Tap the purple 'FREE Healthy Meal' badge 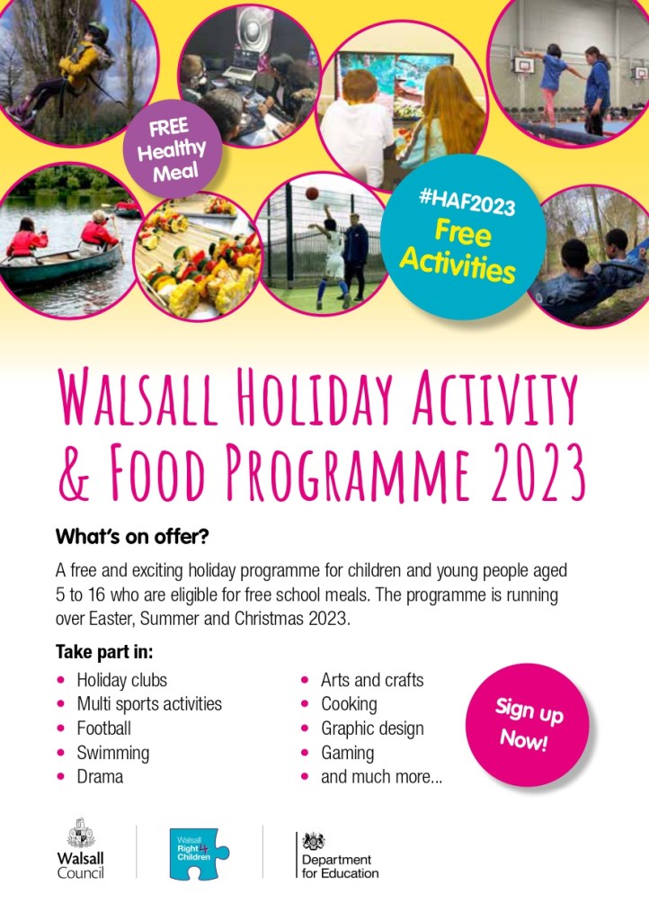coord(172,149)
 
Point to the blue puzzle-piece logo coord(199,854)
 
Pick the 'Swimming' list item coord(112,753)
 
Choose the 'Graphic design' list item coord(372,729)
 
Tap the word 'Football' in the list coord(104,729)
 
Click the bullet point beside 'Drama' coord(60,776)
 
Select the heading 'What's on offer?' coord(132,536)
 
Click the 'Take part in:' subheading coord(104,652)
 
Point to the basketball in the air coord(312,193)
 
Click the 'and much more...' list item coord(381,776)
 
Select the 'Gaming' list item coord(347,753)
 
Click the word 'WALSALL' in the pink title coord(138,397)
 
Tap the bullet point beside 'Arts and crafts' coord(305,680)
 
